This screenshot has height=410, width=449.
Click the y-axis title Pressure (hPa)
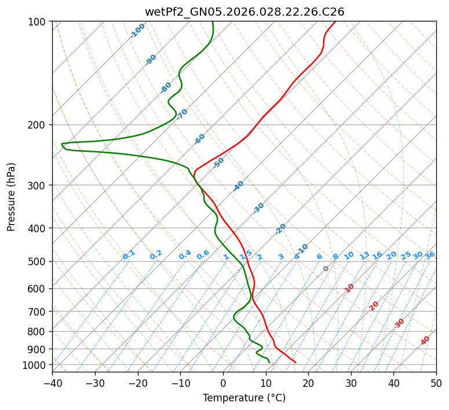point(12,196)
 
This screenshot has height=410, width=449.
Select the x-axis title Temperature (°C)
point(244,398)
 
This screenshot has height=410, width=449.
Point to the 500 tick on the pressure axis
point(38,262)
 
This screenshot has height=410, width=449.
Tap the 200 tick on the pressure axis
point(38,125)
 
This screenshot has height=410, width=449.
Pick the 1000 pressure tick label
point(36,365)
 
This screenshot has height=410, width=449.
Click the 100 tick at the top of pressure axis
point(38,22)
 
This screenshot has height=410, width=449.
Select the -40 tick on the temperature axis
point(52,383)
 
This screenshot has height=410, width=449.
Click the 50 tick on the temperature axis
point(436,383)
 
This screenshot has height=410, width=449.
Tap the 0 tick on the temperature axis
point(223,383)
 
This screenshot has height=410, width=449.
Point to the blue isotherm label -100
point(137,31)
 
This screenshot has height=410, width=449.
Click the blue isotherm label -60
point(200,139)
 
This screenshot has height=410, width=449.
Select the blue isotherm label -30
point(258,208)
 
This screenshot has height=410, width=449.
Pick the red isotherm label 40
point(425,341)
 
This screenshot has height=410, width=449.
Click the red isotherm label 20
point(374,305)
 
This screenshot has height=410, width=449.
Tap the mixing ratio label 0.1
point(129,255)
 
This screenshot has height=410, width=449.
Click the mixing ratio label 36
point(430,255)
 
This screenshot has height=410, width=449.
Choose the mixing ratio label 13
point(364,255)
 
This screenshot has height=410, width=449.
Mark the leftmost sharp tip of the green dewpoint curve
point(62,144)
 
